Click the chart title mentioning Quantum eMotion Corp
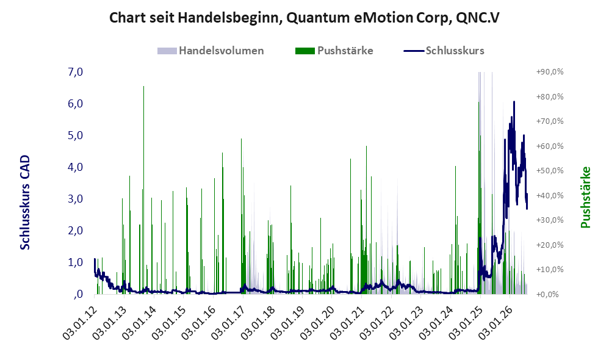pos(304,18)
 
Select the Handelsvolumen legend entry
pos(211,51)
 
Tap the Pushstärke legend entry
pos(334,51)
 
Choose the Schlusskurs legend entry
pos(444,51)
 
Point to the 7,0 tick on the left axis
pos(75,72)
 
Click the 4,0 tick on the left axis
pos(75,167)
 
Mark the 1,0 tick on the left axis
pos(75,262)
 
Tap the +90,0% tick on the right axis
pos(550,72)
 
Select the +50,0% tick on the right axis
pos(550,170)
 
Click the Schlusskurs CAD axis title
pos(25,203)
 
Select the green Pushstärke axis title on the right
pos(585,197)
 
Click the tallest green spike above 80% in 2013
pos(143,190)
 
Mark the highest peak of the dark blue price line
pos(514,102)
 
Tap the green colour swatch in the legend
pos(305,51)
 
